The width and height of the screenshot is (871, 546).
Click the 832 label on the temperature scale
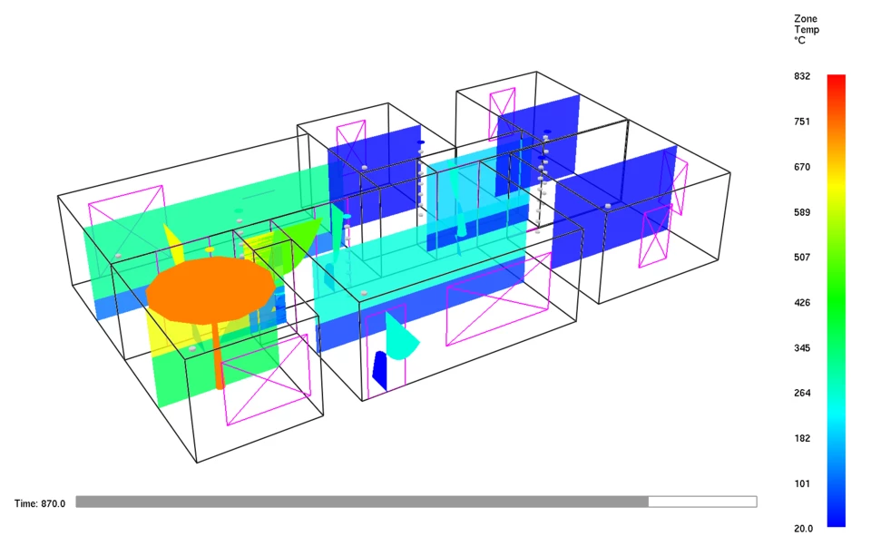click(x=801, y=76)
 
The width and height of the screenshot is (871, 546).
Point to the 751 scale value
click(x=801, y=122)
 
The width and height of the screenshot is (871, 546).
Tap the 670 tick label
click(x=801, y=167)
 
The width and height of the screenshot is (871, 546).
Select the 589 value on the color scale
click(x=801, y=213)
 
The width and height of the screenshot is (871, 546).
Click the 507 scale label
click(x=801, y=258)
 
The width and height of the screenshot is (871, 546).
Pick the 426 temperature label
click(x=801, y=303)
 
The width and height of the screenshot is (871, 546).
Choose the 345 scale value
click(x=801, y=348)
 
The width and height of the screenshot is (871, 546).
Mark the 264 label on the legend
click(x=801, y=394)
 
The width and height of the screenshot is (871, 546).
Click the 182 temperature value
click(x=801, y=439)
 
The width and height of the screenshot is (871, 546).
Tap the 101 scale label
click(x=801, y=483)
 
